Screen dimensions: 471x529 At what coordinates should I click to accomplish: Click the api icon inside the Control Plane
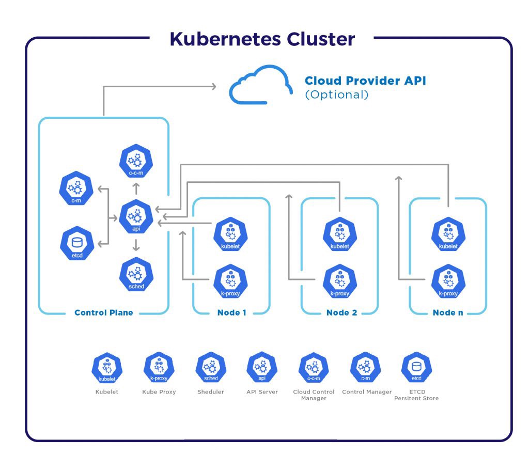coord(136,217)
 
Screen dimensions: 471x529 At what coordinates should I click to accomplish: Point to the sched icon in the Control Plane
coord(136,274)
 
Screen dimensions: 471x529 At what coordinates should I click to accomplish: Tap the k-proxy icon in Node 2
coord(339,281)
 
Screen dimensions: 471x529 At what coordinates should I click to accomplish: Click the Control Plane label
coord(103,312)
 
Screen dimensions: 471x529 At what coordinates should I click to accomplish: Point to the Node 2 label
coord(341,312)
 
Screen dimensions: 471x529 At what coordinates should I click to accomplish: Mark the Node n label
coord(448,312)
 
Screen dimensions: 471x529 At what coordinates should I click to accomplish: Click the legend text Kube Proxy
coord(159,392)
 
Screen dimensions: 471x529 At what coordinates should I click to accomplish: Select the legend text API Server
coord(262,392)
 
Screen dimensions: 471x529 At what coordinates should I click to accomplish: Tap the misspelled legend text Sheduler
coord(211,392)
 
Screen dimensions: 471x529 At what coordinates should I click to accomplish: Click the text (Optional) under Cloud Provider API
coord(337,95)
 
